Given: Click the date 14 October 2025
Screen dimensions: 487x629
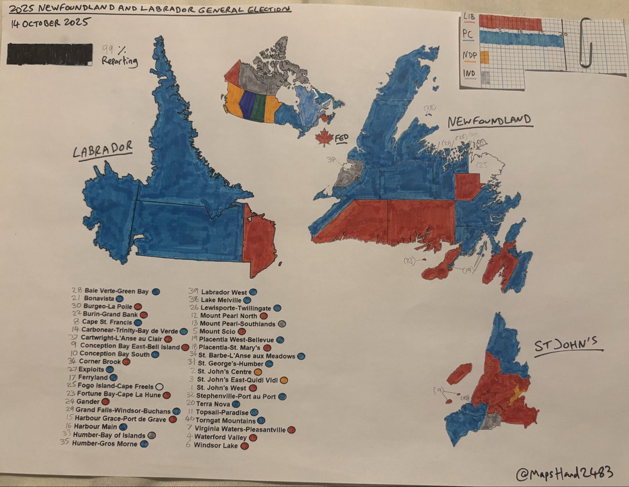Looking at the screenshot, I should tap(49, 23).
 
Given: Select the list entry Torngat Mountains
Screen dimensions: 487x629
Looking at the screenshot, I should tap(225, 421).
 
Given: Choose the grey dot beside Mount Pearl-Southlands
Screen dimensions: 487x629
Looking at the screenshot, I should tap(281, 324).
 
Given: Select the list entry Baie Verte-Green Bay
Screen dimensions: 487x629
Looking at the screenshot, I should tap(114, 290).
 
